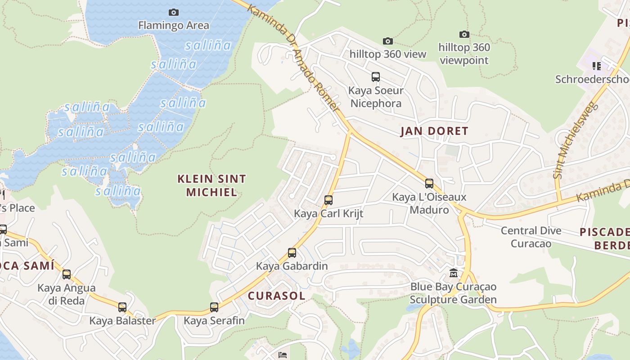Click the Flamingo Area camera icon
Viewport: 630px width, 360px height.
tap(173, 12)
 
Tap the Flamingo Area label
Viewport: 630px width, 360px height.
tap(173, 25)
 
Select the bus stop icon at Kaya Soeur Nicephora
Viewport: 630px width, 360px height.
tap(376, 77)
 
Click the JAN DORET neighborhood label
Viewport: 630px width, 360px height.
tap(434, 131)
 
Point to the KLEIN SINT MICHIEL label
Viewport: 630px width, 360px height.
tap(211, 185)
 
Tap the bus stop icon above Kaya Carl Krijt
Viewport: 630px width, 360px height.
tap(328, 200)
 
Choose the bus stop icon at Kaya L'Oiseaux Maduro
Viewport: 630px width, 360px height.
tap(429, 184)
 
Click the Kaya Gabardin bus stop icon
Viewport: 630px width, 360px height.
tap(292, 253)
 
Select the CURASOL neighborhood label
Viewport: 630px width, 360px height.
tap(276, 296)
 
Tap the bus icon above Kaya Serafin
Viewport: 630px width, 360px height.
tap(214, 307)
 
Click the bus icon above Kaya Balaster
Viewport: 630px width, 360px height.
tap(122, 307)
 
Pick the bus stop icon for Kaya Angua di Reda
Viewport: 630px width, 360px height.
tap(67, 274)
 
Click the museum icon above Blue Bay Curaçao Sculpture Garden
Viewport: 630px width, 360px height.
tap(453, 273)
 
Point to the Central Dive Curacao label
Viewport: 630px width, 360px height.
tap(531, 237)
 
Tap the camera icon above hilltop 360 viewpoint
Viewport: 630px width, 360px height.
tap(464, 34)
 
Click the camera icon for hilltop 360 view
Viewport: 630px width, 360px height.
tap(387, 41)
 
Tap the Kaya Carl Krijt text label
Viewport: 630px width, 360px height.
tap(328, 213)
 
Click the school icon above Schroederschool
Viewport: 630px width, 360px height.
tap(597, 66)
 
